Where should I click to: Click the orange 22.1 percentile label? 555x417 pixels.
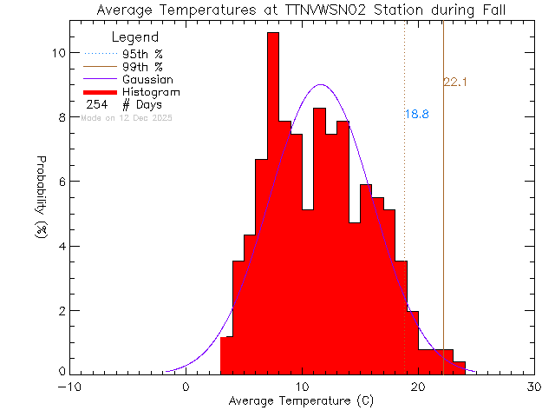coord(455,83)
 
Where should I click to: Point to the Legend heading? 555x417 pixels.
coord(135,37)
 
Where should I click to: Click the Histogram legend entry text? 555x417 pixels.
coord(152,91)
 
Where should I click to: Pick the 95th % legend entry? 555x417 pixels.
coord(142,54)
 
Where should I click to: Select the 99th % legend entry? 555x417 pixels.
coord(142,67)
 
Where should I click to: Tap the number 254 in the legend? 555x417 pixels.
coord(97,104)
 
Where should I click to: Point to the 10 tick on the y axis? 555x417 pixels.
coord(58,52)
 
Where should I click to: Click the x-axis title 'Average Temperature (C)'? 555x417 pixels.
coord(302,401)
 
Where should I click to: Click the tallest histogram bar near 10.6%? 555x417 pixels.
coord(273,174)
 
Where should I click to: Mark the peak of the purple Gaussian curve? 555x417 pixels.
coord(321,85)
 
